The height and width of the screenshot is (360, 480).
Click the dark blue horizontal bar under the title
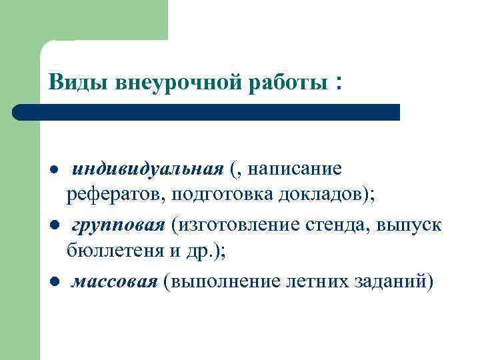click(207, 112)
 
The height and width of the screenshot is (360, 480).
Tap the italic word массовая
click(114, 281)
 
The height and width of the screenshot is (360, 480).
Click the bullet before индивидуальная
click(53, 170)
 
